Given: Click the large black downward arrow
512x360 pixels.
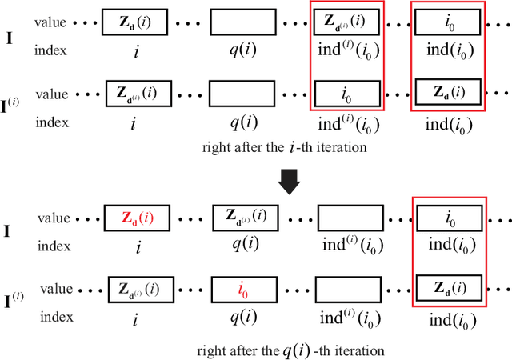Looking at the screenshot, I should pyautogui.click(x=290, y=182).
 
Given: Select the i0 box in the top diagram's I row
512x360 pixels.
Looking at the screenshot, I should pyautogui.click(x=449, y=22).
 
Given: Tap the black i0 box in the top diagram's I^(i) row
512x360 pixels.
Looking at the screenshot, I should pyautogui.click(x=346, y=94).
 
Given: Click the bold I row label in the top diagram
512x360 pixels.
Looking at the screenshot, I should pyautogui.click(x=9, y=36).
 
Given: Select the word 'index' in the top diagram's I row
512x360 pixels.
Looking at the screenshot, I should pyautogui.click(x=50, y=51).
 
